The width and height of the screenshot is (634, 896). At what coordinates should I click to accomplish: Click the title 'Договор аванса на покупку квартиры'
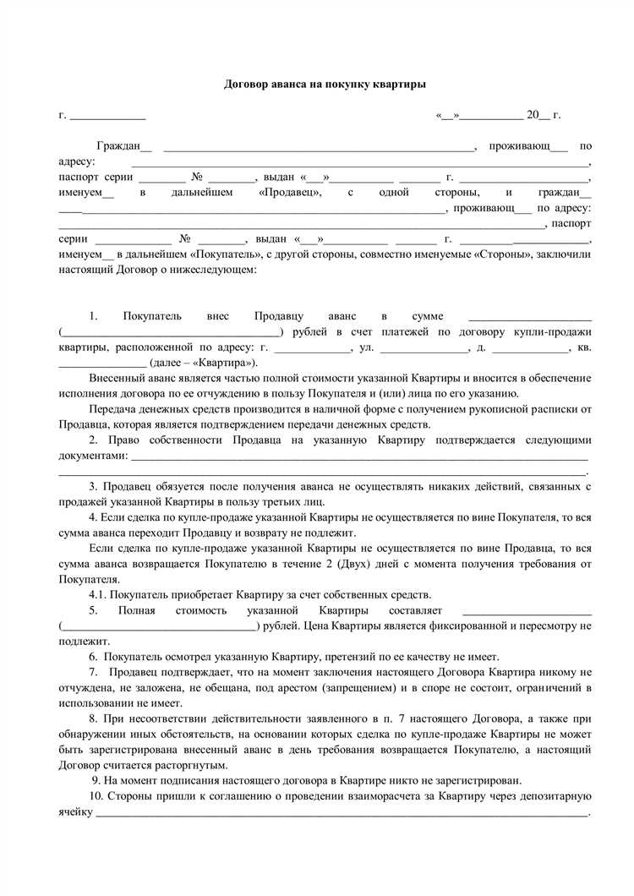point(325,85)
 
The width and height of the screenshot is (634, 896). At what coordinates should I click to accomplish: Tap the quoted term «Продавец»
point(289,193)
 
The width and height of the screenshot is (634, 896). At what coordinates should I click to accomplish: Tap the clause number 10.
point(96,797)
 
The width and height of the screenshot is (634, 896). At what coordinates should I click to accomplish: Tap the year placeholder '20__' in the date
point(538,116)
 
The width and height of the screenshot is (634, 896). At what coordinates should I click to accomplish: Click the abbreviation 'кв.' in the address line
point(584,347)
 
